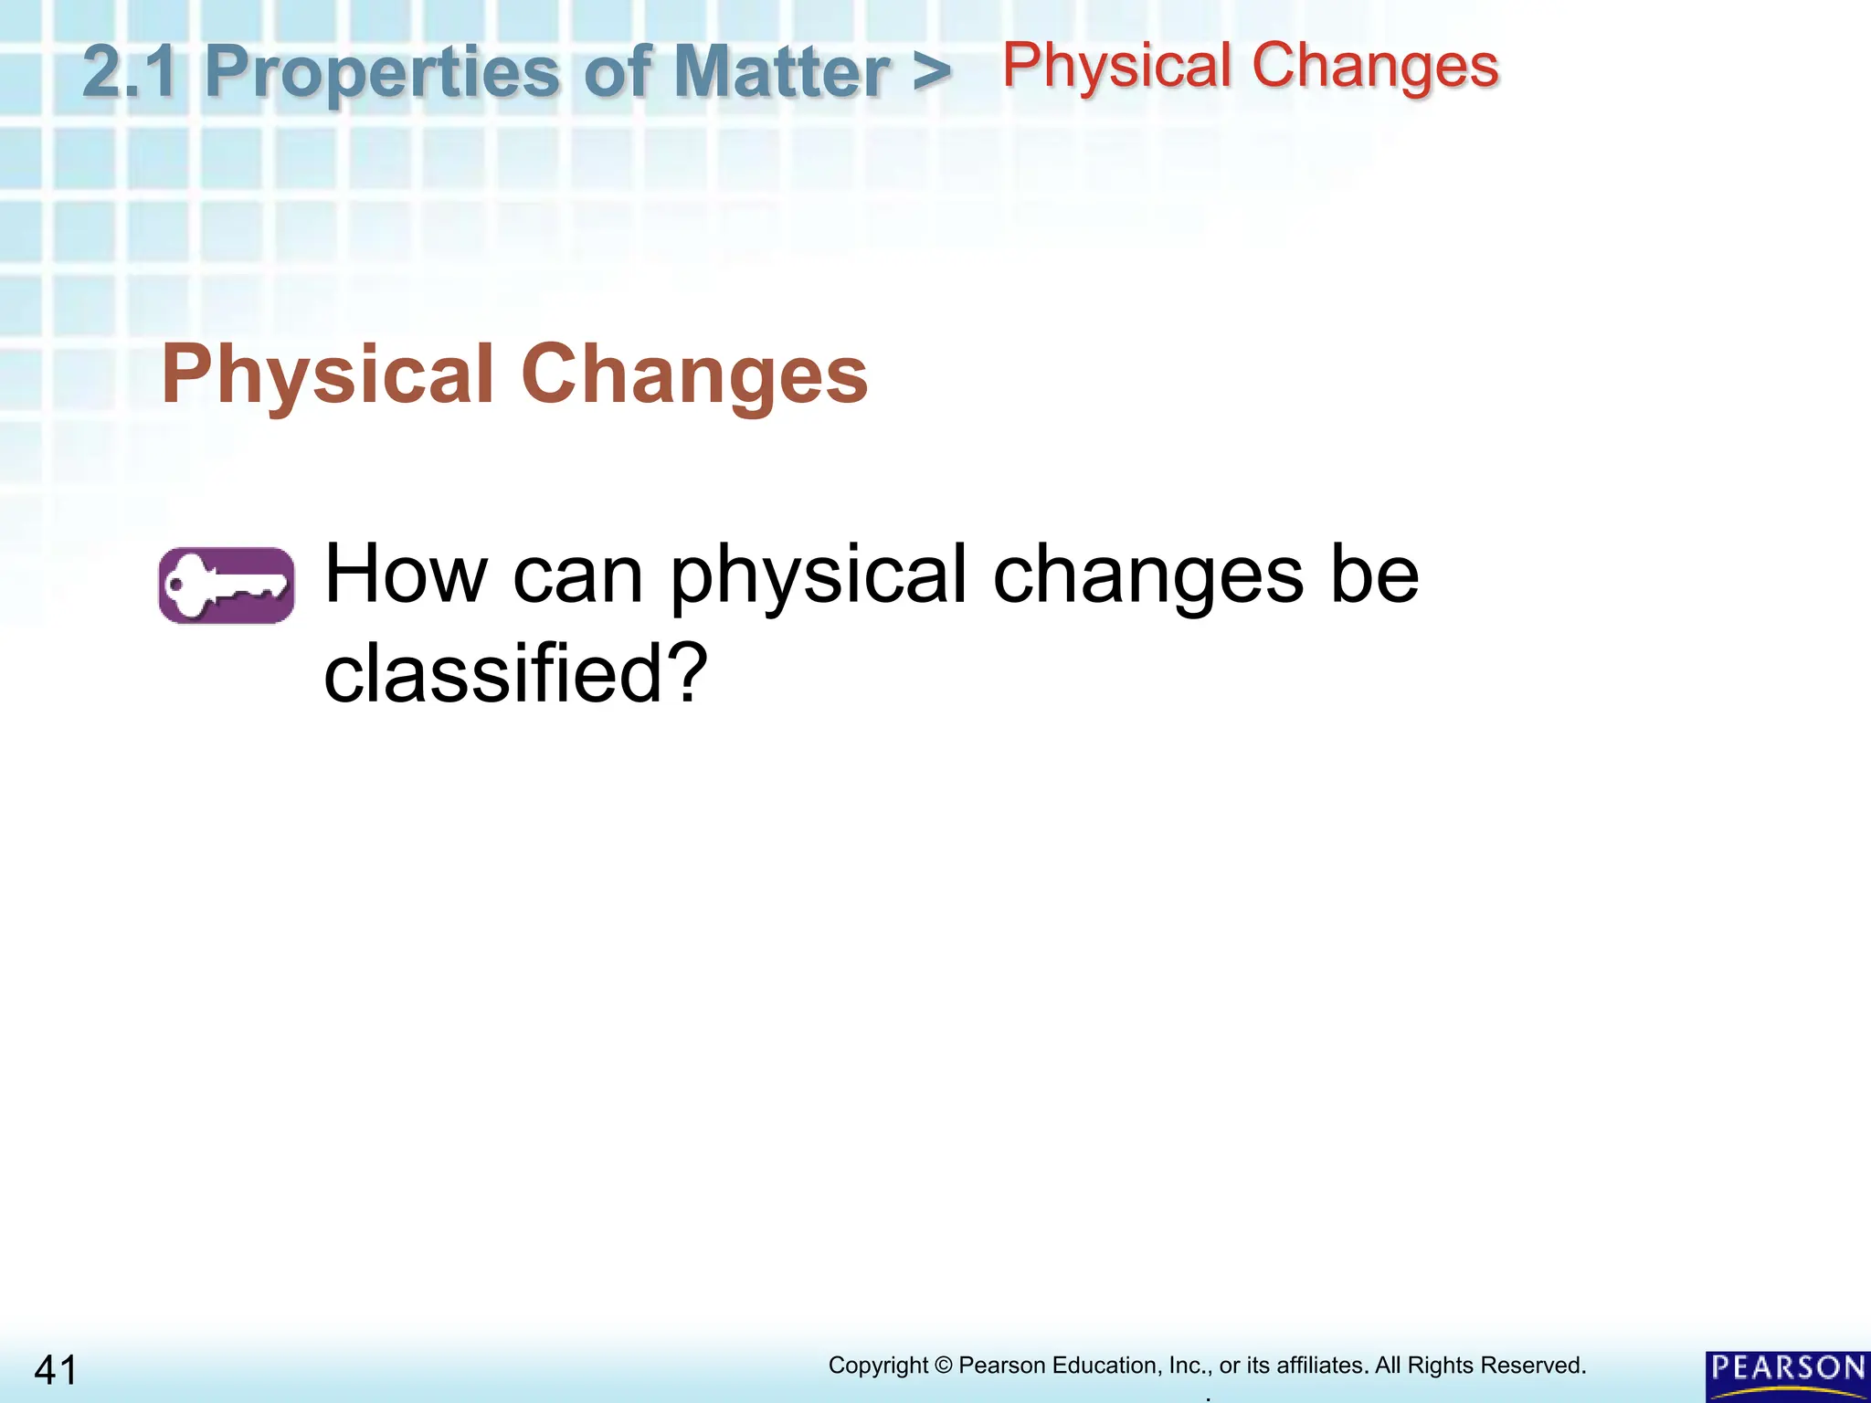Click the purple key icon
(227, 585)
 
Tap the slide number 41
(56, 1371)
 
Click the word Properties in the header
(381, 73)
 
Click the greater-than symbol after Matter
(931, 71)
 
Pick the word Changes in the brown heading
(694, 376)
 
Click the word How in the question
(407, 575)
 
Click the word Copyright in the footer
(878, 1366)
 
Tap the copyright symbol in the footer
(944, 1366)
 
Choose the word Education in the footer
(1106, 1366)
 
